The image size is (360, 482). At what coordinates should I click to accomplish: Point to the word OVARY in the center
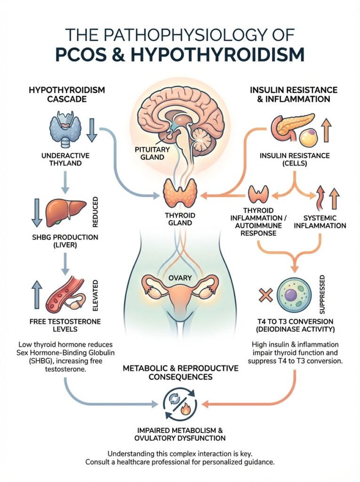click(x=179, y=278)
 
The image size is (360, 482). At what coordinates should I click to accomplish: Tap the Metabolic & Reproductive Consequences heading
click(x=180, y=372)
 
